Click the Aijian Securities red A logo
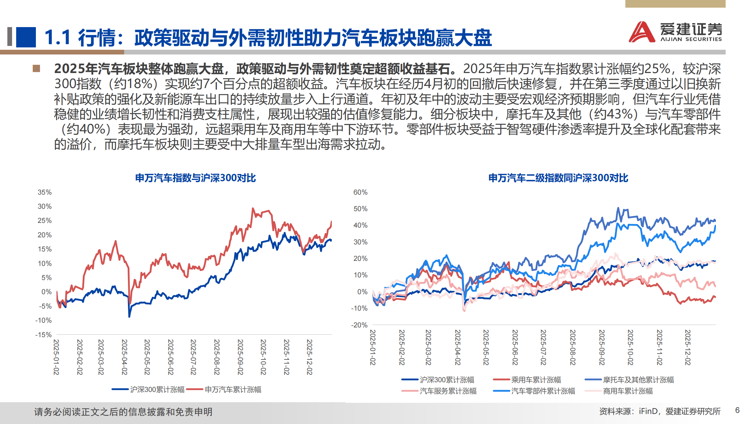(x=642, y=32)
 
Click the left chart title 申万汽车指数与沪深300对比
(x=195, y=178)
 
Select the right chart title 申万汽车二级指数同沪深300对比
(x=558, y=178)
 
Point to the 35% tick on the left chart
(x=44, y=192)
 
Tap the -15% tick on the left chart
(x=43, y=335)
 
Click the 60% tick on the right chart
(x=360, y=192)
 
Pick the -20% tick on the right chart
(x=359, y=325)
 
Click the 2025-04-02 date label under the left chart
(x=124, y=357)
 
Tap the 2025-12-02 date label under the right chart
(x=688, y=347)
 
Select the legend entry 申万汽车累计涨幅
(x=233, y=390)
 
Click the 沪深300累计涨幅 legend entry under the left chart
(x=157, y=390)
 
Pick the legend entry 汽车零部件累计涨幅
(x=543, y=391)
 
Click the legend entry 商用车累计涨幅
(x=628, y=391)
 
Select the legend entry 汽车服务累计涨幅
(x=448, y=391)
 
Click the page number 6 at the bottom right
(x=737, y=410)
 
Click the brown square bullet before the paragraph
(x=36, y=69)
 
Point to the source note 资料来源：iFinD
(x=660, y=411)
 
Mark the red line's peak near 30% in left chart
(x=253, y=208)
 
